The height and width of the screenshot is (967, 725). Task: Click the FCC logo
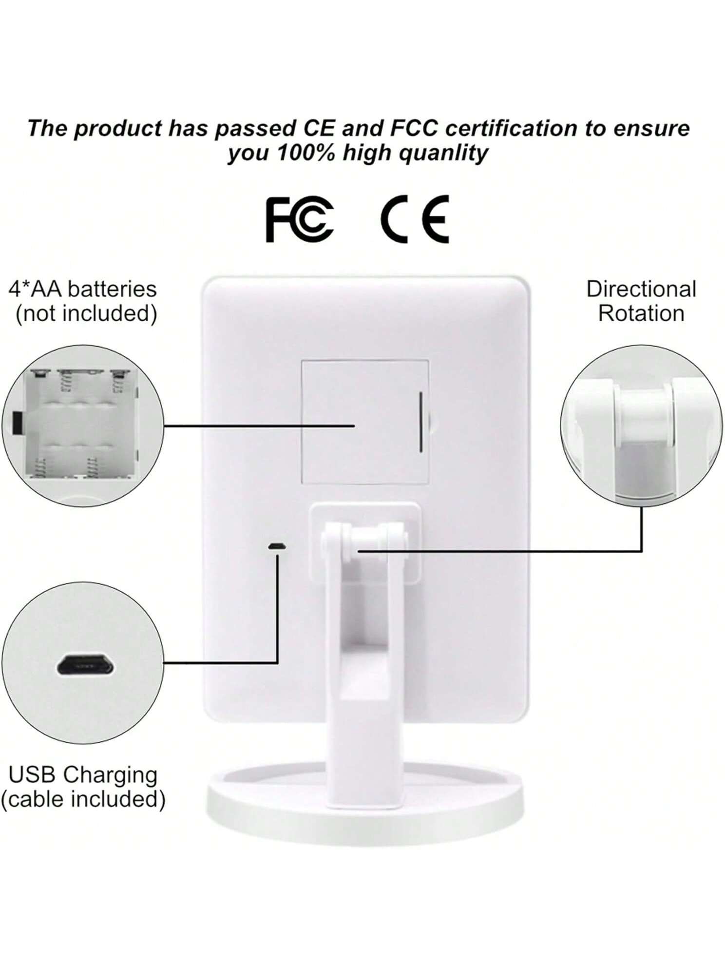point(300,219)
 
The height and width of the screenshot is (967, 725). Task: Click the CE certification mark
point(415,219)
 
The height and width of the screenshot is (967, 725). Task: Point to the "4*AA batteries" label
point(83,289)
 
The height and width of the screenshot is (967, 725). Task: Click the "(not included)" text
point(86,313)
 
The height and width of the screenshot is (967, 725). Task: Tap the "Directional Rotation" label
point(641,301)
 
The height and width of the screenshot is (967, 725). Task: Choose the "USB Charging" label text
point(83,774)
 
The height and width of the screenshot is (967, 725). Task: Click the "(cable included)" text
point(83,799)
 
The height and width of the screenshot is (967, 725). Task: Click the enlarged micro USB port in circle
point(85,664)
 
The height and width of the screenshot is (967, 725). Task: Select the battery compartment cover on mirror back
point(365,422)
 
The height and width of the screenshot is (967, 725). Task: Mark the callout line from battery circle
point(259,425)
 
